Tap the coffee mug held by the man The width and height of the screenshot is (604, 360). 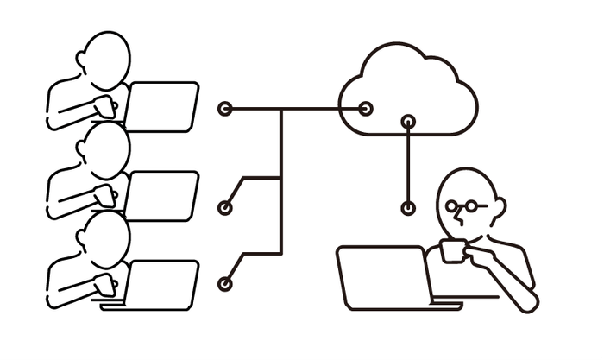[451, 251]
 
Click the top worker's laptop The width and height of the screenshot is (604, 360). [164, 105]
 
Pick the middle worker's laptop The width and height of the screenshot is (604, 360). [164, 195]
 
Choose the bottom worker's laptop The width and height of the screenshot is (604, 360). [164, 284]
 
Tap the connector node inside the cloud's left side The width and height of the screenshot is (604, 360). [366, 109]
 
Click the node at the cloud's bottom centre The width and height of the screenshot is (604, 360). [409, 122]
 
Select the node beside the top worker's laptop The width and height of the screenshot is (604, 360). [225, 109]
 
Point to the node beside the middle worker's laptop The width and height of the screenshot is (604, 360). [225, 207]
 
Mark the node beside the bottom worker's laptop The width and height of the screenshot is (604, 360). [225, 283]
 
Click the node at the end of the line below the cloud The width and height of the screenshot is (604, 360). [409, 207]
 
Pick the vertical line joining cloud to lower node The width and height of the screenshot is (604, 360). [409, 164]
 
